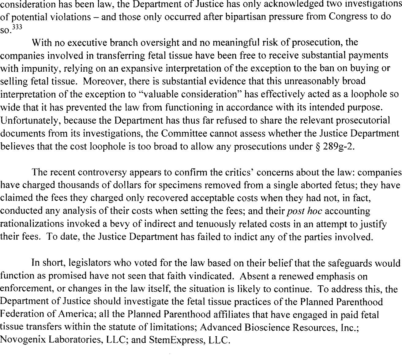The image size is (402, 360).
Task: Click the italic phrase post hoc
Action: coord(303,211)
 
